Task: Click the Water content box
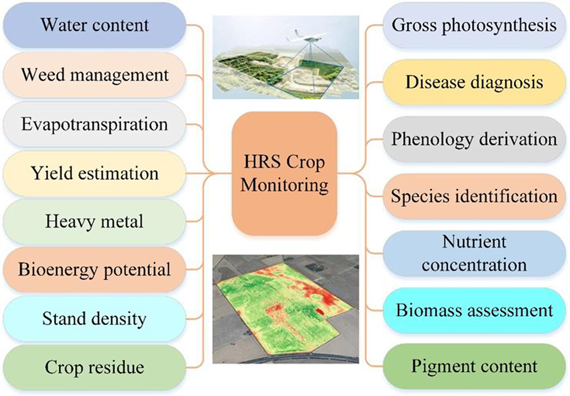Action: [95, 25]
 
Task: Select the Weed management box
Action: [95, 75]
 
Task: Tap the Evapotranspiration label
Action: [95, 124]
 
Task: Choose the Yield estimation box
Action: [95, 173]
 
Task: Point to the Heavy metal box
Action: [95, 222]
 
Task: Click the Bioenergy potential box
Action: [95, 270]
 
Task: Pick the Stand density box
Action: [95, 318]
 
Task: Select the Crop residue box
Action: [95, 367]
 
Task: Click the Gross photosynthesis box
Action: [474, 26]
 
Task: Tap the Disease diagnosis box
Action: [474, 82]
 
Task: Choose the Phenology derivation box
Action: [474, 139]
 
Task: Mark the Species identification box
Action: [474, 196]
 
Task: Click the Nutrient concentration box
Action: [474, 253]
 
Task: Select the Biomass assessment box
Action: [474, 310]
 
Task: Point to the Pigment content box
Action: [474, 366]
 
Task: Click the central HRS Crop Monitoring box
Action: [285, 173]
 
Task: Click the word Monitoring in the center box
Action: [285, 185]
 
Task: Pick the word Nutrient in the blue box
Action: [474, 242]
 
